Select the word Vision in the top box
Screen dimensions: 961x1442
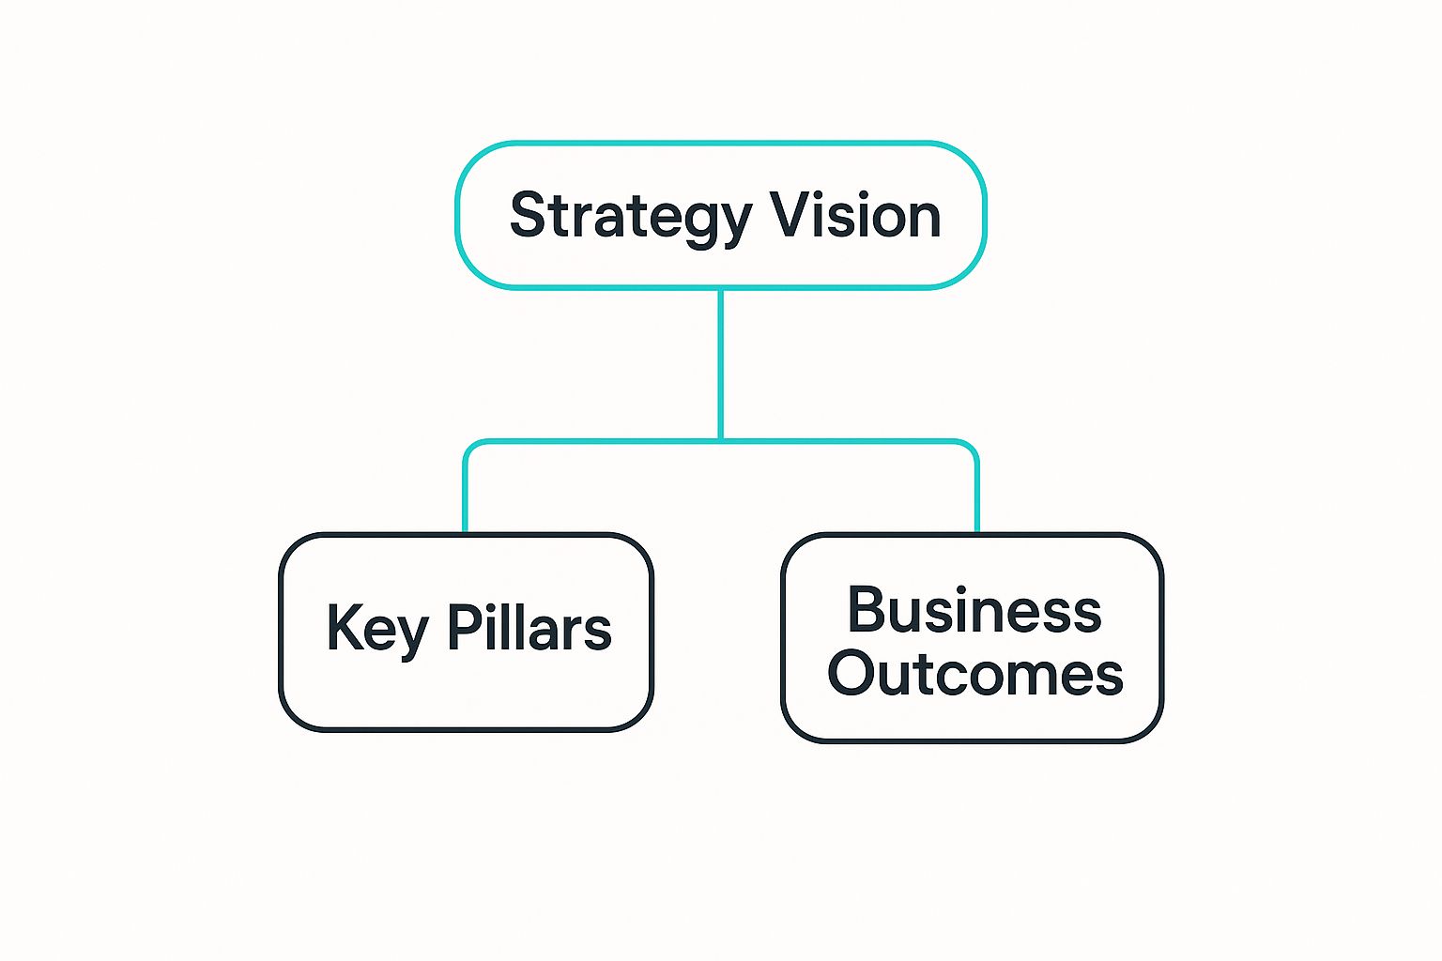[855, 216]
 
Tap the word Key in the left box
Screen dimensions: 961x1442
[376, 630]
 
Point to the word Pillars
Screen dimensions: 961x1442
[529, 628]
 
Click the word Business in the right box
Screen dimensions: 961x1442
[974, 611]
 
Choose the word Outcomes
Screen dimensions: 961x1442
[974, 674]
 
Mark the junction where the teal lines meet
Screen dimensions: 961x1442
[720, 440]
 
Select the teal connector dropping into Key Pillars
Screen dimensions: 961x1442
[465, 497]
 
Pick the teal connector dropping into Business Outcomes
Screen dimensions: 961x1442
[977, 497]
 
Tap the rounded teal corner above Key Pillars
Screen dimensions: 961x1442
[471, 448]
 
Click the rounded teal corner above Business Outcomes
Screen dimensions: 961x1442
[971, 448]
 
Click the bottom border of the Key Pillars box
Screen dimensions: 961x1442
[466, 728]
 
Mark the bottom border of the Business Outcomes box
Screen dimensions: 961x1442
[973, 740]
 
